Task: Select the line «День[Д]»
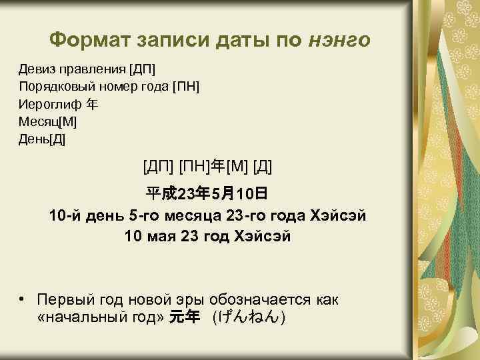(43, 139)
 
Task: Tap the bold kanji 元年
(185, 317)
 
